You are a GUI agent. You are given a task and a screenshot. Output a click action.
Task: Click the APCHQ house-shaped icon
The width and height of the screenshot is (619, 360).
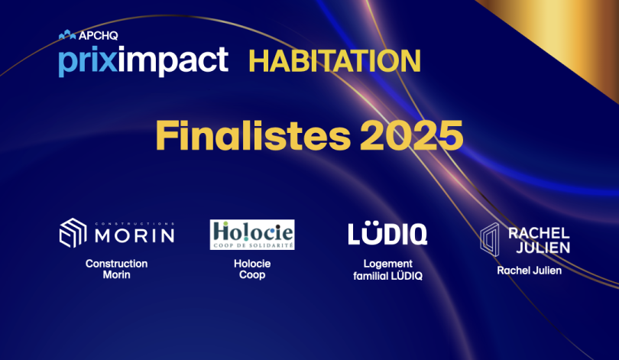(67, 34)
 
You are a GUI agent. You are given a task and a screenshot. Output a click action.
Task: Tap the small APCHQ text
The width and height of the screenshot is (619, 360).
(99, 35)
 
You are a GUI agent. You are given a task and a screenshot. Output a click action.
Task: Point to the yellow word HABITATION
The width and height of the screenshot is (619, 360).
(335, 61)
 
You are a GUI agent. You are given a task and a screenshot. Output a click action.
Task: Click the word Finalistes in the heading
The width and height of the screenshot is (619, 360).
(254, 135)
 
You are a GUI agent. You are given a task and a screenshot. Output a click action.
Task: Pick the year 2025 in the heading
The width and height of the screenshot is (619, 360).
(411, 135)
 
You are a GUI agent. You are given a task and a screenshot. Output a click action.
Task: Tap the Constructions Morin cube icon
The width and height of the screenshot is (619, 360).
(73, 233)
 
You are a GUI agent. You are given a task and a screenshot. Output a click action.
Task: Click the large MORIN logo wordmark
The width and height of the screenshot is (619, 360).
(134, 235)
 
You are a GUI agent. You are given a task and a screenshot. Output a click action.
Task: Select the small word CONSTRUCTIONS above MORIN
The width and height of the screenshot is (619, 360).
(134, 223)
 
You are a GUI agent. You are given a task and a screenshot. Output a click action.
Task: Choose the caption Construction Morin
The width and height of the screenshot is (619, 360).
(116, 269)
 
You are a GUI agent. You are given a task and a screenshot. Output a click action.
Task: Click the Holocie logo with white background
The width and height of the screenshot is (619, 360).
(252, 235)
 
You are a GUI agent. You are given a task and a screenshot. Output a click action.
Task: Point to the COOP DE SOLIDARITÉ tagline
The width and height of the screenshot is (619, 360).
(253, 245)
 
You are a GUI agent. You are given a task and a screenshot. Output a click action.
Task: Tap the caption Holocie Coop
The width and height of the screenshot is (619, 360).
(252, 269)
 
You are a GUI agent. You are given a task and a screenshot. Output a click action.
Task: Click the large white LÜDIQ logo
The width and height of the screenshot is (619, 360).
(387, 233)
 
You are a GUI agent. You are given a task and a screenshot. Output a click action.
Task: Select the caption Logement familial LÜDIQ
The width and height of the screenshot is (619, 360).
(387, 270)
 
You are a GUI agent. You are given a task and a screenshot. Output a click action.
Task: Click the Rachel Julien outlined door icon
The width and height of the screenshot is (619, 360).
(490, 239)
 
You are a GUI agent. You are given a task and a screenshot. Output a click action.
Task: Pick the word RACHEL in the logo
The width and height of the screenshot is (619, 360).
(539, 233)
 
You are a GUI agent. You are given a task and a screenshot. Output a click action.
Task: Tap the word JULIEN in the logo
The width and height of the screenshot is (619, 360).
(543, 248)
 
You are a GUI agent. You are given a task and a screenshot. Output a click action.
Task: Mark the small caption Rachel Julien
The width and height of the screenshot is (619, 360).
(529, 271)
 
